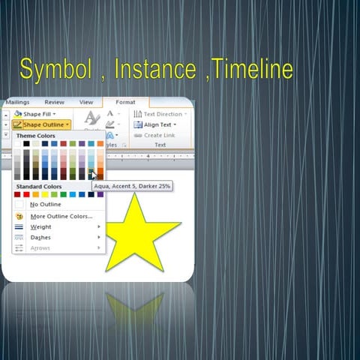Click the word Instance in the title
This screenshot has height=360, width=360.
click(x=157, y=70)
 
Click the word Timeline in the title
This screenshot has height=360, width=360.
click(x=252, y=70)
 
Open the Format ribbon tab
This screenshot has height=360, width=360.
click(x=125, y=102)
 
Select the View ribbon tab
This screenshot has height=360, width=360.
click(x=86, y=102)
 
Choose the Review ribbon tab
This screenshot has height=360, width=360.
click(x=54, y=102)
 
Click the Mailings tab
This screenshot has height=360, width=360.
click(x=17, y=102)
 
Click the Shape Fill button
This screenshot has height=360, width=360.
click(x=37, y=114)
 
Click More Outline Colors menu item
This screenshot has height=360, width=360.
click(x=60, y=215)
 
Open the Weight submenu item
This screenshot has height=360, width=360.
click(x=40, y=226)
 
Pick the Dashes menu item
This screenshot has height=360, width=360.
click(x=40, y=237)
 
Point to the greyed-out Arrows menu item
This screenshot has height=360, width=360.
click(x=40, y=247)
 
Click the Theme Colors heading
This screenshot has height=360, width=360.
click(x=36, y=136)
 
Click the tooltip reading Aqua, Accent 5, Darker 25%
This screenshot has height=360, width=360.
click(x=132, y=184)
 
